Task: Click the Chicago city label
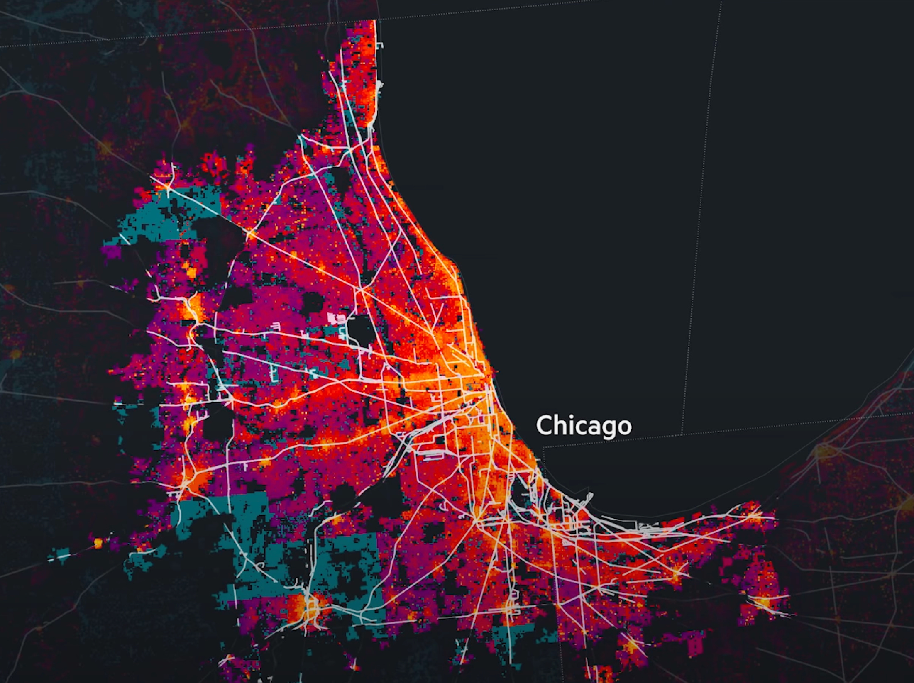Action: point(584,425)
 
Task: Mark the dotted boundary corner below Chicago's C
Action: point(544,448)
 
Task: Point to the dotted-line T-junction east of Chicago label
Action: point(682,434)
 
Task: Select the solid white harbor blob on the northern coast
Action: point(381,85)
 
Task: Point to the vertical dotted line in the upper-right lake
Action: point(701,207)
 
